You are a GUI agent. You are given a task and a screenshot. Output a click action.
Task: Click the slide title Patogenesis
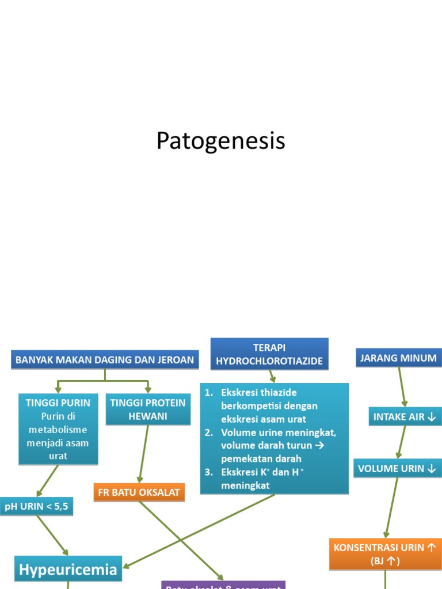220,141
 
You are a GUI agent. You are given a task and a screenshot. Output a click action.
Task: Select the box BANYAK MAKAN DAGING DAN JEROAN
105,359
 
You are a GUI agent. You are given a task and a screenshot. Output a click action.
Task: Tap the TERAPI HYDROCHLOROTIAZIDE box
269,354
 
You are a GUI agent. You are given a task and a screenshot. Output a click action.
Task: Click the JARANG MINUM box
398,358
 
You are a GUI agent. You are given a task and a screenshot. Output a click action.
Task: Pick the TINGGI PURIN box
58,429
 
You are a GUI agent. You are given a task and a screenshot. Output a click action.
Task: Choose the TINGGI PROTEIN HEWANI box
148,409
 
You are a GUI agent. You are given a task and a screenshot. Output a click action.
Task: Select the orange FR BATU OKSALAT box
139,492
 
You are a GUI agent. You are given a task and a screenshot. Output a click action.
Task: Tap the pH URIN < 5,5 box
37,506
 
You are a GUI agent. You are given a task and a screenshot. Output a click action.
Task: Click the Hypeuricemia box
68,569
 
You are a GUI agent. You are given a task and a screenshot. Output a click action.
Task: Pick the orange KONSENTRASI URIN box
385,554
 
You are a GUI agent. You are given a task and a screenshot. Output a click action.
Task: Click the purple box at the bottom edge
223,585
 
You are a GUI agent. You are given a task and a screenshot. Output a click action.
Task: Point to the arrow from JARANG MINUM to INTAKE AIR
402,387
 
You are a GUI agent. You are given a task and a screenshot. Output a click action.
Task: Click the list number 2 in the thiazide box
209,432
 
